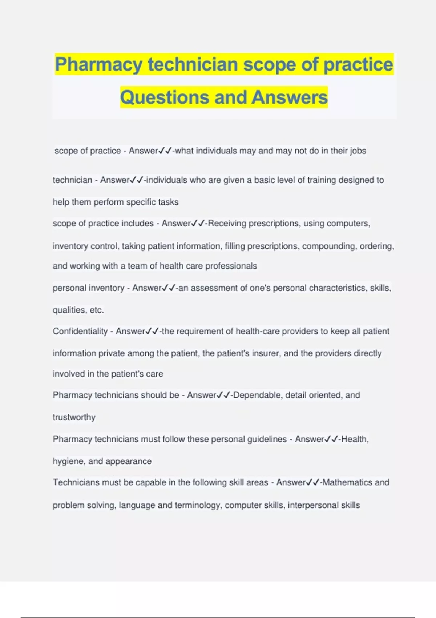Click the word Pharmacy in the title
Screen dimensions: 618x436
98,65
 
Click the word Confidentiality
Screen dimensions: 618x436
80,331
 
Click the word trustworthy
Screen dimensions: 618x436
74,417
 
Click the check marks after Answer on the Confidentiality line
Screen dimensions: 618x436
152,331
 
